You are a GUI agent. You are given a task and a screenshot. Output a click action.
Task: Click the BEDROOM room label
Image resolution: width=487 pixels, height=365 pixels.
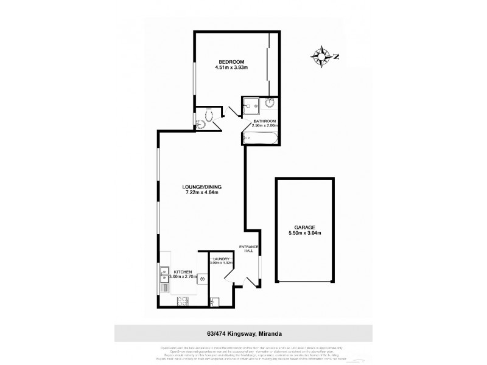click(231, 61)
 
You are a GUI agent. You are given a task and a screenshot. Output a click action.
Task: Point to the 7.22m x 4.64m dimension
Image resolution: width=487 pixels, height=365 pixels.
click(201, 193)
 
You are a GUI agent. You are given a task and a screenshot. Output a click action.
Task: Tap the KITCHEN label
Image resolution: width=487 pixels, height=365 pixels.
click(183, 272)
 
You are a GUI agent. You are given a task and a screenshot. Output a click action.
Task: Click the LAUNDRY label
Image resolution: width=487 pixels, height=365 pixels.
click(220, 259)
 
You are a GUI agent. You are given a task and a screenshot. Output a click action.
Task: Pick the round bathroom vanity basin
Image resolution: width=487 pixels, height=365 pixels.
click(269, 106)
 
